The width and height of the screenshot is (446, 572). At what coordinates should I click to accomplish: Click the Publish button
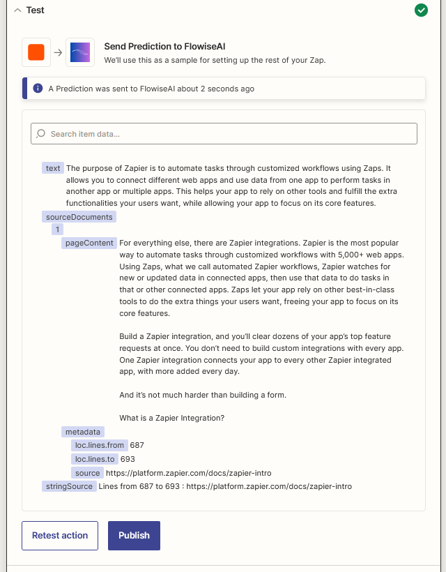coord(134,536)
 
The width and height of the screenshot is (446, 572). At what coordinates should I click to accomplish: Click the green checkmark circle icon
coord(421,10)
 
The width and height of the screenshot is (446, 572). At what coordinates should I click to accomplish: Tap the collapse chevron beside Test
coord(18,10)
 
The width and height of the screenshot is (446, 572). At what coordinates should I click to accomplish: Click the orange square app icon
coord(36,52)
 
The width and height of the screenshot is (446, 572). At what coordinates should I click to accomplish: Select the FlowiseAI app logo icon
coord(80,52)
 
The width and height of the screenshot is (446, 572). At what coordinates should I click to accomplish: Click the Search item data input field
coord(224,133)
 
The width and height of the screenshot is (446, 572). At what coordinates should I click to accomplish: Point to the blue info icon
coord(38,89)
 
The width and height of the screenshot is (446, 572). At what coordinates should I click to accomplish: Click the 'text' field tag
coord(53,168)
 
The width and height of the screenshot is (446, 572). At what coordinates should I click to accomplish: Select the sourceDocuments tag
coord(79,217)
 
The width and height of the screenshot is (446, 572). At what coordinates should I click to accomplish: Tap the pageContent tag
coord(89,243)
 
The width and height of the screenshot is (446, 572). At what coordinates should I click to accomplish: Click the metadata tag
coord(84,432)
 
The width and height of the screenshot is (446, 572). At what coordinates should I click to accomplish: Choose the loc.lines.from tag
coord(99,445)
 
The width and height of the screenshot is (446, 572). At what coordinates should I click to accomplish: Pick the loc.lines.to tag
coord(95,459)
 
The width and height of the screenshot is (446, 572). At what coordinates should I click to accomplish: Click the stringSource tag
coord(68,486)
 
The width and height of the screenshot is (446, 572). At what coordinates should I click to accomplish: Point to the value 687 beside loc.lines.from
coord(137,445)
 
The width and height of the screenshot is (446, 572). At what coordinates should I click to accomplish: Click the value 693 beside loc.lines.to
coord(128,459)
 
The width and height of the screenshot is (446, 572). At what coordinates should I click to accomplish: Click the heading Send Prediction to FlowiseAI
coord(164,46)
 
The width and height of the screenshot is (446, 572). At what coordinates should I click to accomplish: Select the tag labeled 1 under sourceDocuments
coord(58,229)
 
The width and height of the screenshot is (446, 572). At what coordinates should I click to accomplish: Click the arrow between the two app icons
coord(59,52)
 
